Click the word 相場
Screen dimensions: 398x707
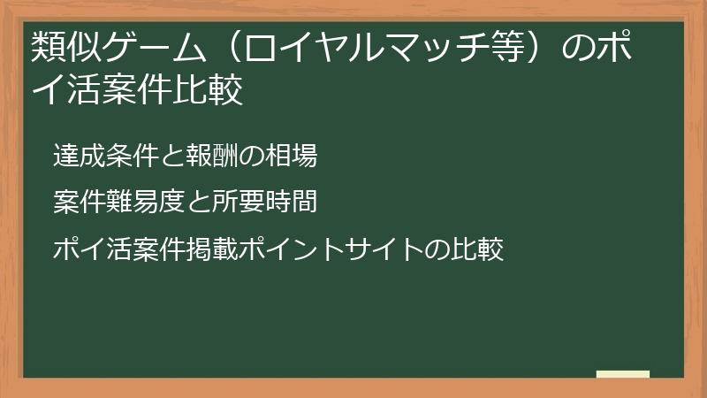coord(292,157)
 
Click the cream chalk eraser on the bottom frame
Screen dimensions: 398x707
coord(622,374)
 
